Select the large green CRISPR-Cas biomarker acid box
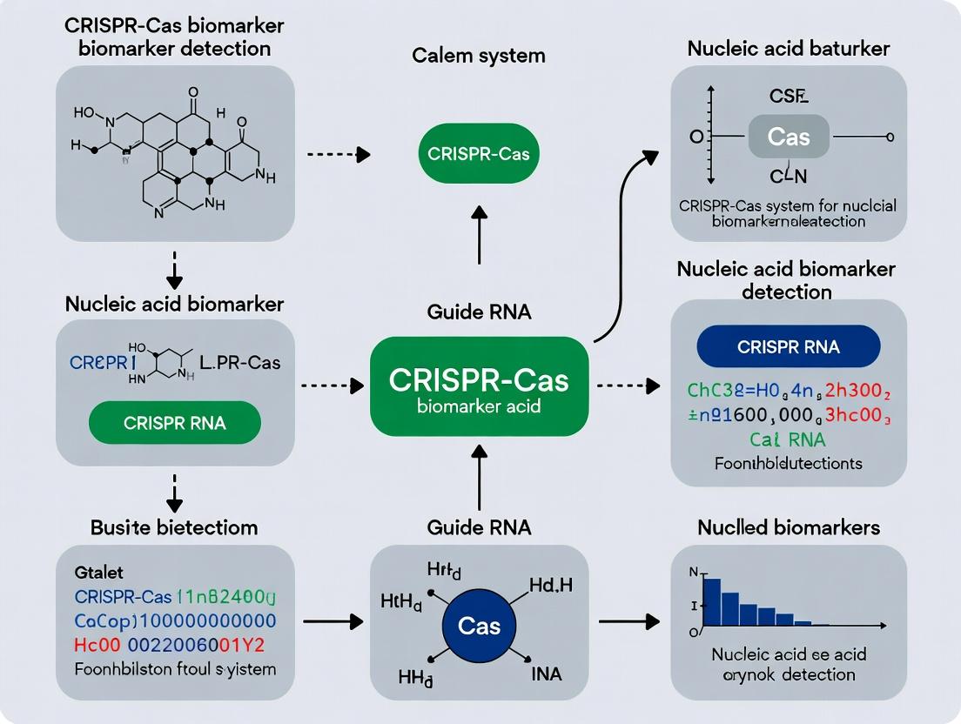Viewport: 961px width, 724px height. coord(479,387)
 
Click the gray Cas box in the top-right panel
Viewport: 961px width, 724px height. coord(789,137)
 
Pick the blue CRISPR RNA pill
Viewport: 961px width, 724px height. coord(789,347)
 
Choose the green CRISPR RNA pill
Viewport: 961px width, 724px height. coord(175,424)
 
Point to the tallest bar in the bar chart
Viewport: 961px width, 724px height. coord(711,602)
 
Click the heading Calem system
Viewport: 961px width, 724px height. coord(479,56)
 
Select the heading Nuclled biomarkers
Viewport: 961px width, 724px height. coord(789,527)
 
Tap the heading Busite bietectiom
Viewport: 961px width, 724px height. coord(174,527)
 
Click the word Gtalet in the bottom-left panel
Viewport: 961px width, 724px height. coord(99,573)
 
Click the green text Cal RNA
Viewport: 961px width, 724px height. coord(788,439)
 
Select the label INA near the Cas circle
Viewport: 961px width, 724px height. coord(547,674)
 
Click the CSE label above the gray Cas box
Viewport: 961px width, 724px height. coord(789,96)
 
